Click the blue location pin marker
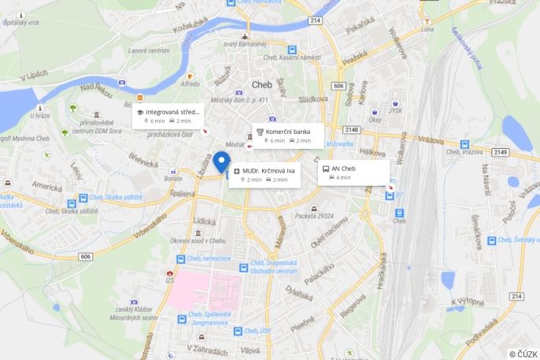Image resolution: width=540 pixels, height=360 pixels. [222, 162]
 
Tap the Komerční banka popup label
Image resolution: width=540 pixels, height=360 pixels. [288, 131]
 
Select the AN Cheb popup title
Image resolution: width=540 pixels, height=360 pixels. [343, 169]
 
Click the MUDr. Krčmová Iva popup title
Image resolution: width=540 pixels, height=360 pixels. [268, 170]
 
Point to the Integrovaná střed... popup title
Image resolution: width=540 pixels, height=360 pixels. [172, 112]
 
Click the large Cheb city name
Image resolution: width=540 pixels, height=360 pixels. [261, 84]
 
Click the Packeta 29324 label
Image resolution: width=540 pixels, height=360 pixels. [314, 215]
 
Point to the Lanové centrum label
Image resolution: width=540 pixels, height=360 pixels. [149, 50]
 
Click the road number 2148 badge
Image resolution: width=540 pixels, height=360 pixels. [351, 130]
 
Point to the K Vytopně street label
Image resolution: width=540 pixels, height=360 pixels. [468, 301]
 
